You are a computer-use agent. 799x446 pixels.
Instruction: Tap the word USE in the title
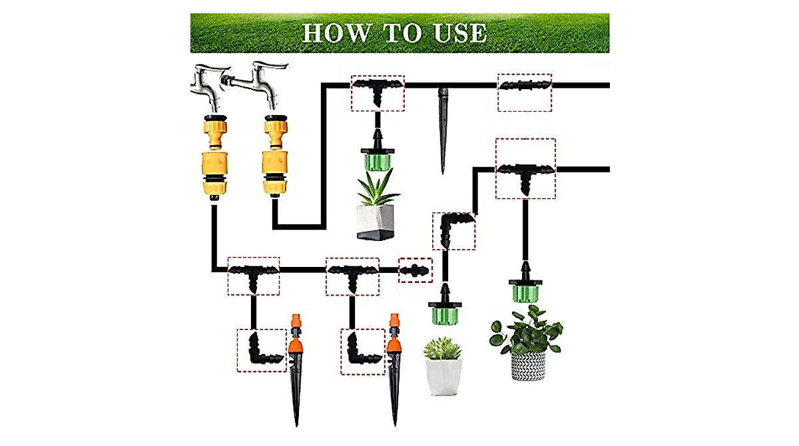point(459,33)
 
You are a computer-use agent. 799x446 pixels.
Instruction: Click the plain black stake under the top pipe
point(443,126)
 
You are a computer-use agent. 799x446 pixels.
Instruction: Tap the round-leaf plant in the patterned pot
point(526,330)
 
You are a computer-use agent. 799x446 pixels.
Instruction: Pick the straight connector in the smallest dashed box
point(415,271)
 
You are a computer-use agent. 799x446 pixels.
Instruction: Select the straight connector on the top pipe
point(525,85)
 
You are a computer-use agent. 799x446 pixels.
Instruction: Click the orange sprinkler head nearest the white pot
point(396,339)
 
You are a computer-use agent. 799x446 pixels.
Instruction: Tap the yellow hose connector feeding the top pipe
point(274,156)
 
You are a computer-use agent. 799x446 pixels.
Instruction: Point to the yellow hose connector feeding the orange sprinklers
point(214,156)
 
